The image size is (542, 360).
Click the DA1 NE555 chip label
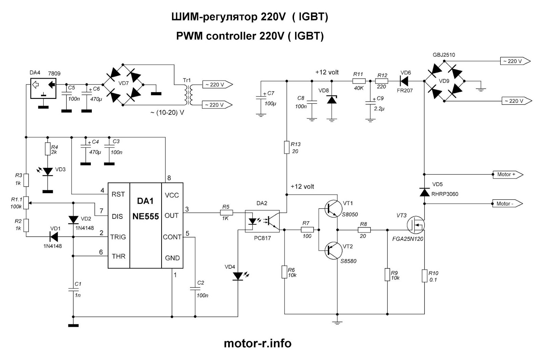[x=145, y=209]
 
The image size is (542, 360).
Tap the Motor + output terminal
[x=507, y=175]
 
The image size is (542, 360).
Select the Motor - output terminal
[x=506, y=204]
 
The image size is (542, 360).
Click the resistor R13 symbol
[x=286, y=148]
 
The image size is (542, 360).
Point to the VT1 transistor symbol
[x=332, y=209]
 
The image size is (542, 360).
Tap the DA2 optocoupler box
[x=262, y=221]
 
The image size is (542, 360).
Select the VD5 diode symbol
[x=424, y=192]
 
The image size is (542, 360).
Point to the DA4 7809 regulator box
[x=43, y=88]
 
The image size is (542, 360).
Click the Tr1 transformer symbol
[x=187, y=95]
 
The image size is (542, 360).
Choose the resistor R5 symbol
[x=226, y=213]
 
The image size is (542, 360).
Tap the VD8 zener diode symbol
[x=332, y=100]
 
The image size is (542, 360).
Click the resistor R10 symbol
[x=424, y=276]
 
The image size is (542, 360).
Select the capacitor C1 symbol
[x=73, y=289]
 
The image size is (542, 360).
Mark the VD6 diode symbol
[x=404, y=81]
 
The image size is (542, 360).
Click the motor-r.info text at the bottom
[x=257, y=343]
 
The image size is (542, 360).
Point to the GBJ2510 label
[x=443, y=55]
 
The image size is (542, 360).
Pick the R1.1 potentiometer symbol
[x=26, y=203]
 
